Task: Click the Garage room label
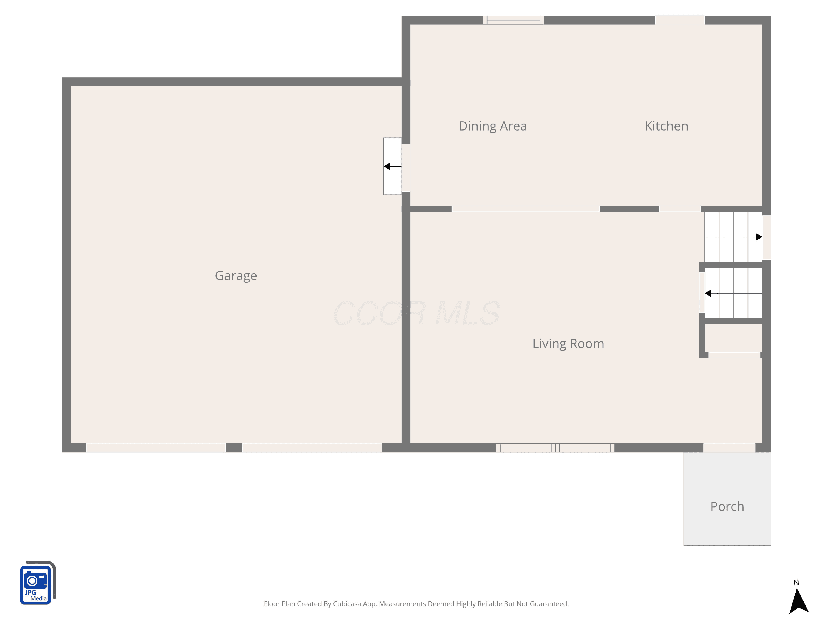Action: (x=236, y=276)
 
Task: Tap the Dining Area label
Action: (x=493, y=126)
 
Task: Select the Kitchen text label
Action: (x=666, y=126)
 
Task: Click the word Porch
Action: (x=727, y=506)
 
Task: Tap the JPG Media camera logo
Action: (x=38, y=582)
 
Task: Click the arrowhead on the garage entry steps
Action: (x=387, y=166)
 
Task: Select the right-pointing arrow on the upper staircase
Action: (x=733, y=237)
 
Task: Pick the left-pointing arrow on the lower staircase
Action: (x=733, y=293)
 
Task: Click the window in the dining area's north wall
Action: (x=513, y=20)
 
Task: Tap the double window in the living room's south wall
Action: (x=555, y=447)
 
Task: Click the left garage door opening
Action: (x=156, y=447)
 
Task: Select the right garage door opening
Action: (x=312, y=447)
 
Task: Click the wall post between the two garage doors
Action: (x=234, y=447)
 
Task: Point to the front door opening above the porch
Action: (x=729, y=447)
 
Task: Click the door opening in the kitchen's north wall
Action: (x=680, y=20)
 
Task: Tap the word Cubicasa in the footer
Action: (x=347, y=604)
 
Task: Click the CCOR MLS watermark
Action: (x=416, y=313)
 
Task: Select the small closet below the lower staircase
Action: (x=734, y=338)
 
